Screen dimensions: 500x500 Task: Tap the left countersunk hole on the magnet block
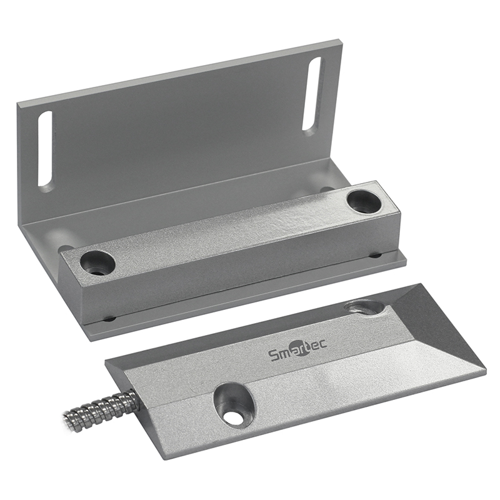[x=97, y=262]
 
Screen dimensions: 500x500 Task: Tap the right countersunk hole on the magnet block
[x=364, y=202]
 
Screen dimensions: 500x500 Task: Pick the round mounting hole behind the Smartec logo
[x=364, y=307]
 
